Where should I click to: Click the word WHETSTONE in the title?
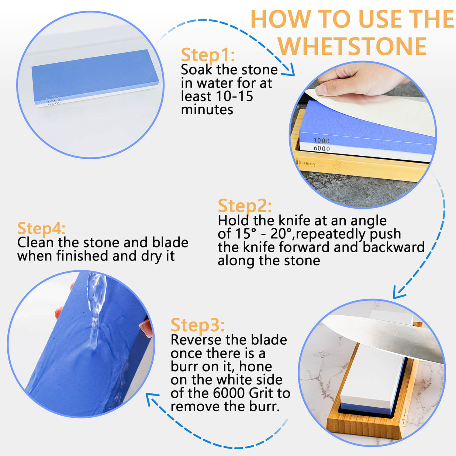pos(352,46)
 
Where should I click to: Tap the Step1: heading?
pos(208,55)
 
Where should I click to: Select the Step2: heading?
pos(245,206)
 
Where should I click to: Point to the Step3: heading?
pos(198,325)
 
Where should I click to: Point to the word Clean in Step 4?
pos(36,243)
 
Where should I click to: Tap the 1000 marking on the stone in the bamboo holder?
pos(321,140)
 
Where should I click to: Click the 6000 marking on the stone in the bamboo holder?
pos(322,149)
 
